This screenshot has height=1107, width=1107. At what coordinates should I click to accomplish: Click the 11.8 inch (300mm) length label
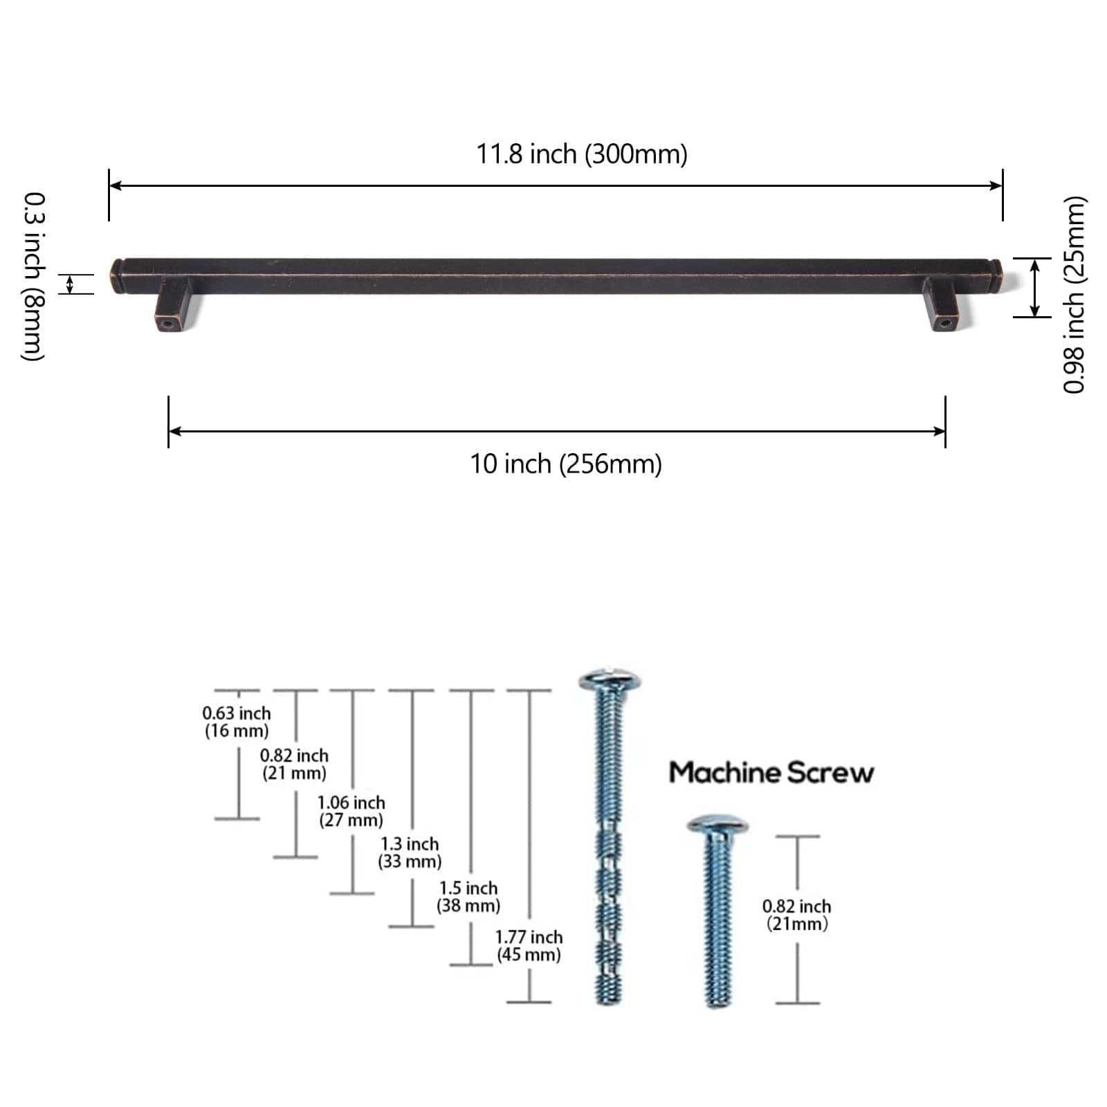coord(582,154)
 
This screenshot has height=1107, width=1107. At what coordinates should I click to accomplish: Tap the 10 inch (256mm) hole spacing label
coord(566,464)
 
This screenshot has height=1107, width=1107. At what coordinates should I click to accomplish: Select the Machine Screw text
coord(771,772)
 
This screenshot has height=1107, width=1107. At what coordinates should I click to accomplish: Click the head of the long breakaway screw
coord(609,679)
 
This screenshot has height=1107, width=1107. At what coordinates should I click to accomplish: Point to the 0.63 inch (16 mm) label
coord(237,722)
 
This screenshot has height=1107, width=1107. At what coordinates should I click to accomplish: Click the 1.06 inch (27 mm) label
coord(351,811)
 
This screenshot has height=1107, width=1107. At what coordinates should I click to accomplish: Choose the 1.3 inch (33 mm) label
coord(410,852)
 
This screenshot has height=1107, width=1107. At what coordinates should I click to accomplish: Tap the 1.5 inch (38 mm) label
coord(468,897)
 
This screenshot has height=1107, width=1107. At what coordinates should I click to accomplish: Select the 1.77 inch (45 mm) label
coord(529,946)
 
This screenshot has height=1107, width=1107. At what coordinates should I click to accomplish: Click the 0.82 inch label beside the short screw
coord(797,915)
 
